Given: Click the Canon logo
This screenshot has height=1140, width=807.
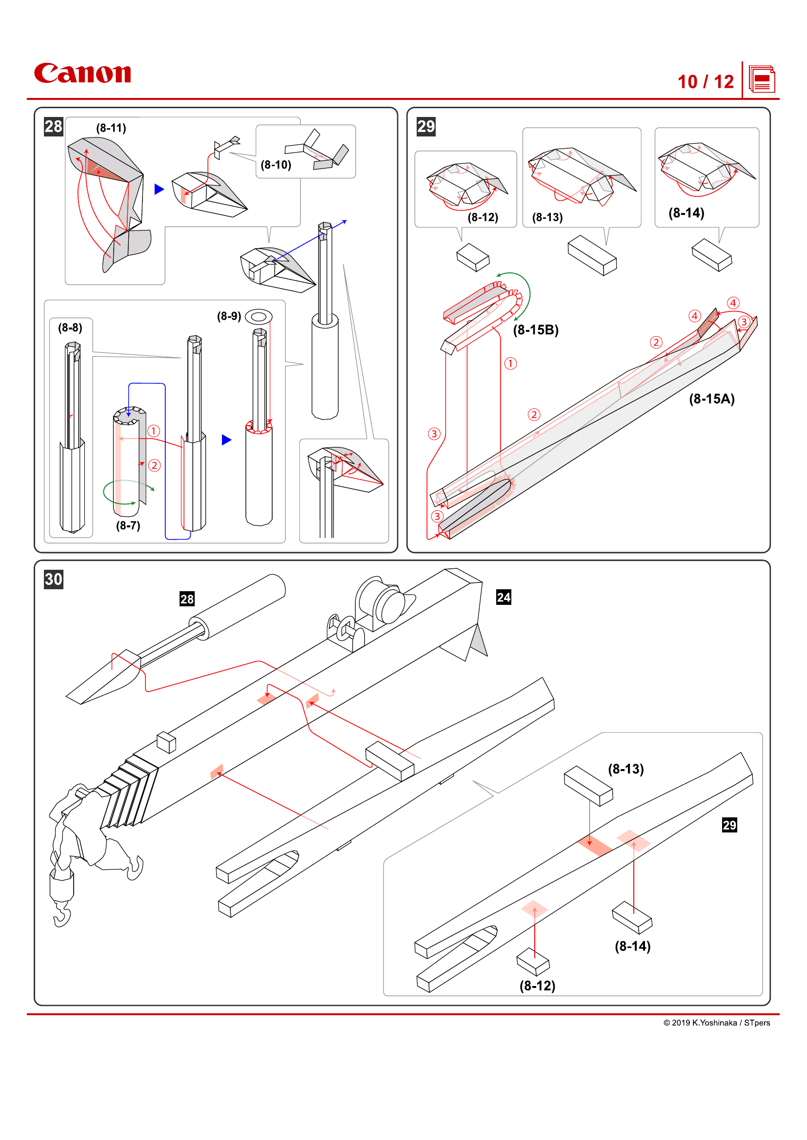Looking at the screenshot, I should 82,73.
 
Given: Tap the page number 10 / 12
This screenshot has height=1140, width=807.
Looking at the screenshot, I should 705,82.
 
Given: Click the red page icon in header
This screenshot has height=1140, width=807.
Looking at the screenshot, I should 761,79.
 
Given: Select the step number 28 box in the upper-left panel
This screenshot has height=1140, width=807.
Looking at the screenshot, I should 53,127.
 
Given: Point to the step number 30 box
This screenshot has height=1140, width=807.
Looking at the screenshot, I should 53,579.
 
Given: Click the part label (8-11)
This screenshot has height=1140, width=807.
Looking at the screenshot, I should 111,128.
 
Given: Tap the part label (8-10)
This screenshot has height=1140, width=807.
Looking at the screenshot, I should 276,165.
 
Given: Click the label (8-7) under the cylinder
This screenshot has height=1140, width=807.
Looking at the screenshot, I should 128,525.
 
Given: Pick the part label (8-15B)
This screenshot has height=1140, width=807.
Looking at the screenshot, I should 536,329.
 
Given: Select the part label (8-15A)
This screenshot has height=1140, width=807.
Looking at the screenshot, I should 711,399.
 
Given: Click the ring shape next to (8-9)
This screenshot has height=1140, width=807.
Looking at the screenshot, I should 259,316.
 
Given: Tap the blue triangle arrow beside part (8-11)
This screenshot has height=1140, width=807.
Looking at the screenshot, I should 159,189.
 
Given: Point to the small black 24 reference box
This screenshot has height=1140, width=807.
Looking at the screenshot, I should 504,597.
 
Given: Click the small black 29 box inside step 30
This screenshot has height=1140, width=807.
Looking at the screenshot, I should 729,825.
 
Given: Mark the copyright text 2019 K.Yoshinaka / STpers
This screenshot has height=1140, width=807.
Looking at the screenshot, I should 717,1023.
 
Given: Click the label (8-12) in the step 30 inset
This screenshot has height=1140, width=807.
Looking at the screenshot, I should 537,985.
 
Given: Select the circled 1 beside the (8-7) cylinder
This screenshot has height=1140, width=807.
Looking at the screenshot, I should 154,430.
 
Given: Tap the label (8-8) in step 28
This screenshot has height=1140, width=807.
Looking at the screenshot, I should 70,328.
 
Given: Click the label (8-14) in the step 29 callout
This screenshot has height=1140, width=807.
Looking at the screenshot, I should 686,213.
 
